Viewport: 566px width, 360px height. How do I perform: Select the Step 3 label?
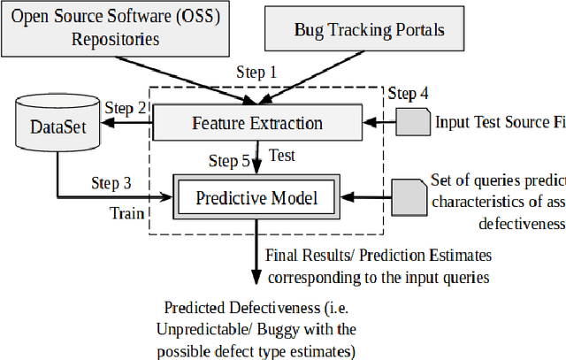[x=111, y=183]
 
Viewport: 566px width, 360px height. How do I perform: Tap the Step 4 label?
[x=409, y=92]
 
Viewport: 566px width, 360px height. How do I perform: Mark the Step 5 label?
[x=229, y=161]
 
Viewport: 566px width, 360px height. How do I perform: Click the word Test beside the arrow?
[x=280, y=155]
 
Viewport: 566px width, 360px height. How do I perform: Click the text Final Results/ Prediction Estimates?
[x=379, y=256]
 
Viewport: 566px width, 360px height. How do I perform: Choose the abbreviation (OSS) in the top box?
[x=193, y=15]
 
